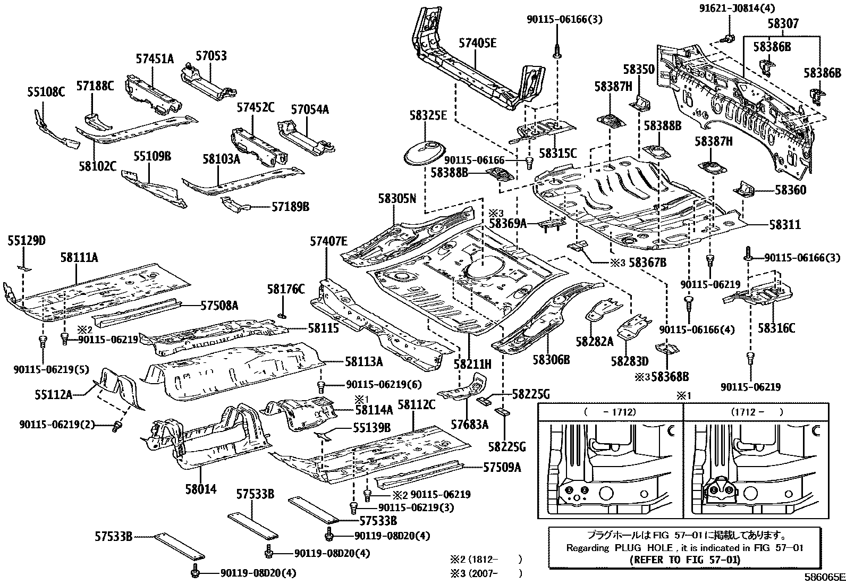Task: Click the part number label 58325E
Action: click(428, 115)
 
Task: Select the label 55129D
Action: click(26, 241)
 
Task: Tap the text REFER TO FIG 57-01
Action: click(684, 560)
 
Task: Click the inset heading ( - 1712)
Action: click(610, 412)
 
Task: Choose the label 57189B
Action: click(290, 206)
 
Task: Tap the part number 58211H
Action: click(472, 365)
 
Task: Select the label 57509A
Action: click(502, 468)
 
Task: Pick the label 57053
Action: click(210, 55)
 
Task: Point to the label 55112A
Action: click(54, 394)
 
